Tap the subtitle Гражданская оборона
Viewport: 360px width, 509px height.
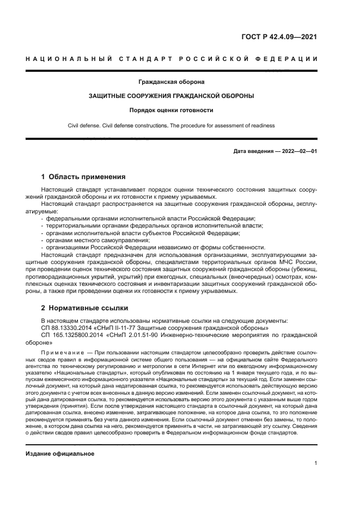(x=172, y=82)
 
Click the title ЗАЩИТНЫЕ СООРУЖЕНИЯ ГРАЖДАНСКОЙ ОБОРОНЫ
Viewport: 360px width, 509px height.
(x=172, y=96)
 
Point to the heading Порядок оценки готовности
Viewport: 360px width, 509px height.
(x=172, y=110)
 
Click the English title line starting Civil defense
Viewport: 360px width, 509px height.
(x=172, y=125)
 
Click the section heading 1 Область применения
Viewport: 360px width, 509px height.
(x=84, y=177)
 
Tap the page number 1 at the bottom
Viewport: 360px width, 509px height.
(x=316, y=463)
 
